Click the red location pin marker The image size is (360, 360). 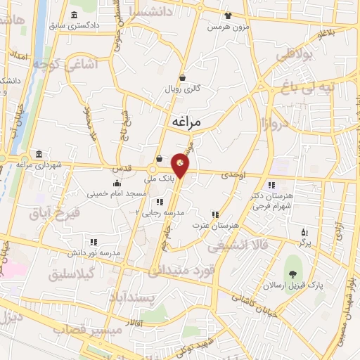[180, 165]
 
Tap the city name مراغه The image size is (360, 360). [186, 122]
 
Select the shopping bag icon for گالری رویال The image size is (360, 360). [183, 77]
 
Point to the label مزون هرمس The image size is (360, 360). [226, 27]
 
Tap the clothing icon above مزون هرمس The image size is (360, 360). [227, 15]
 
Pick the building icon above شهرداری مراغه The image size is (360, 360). [38, 155]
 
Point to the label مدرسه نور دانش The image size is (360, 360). [94, 252]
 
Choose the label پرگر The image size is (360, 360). [304, 241]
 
